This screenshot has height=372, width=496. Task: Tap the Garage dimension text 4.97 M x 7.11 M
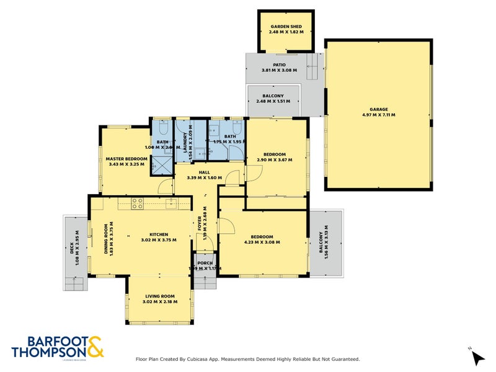click(378, 115)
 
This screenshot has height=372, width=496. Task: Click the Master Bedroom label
click(126, 159)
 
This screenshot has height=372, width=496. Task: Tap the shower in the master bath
click(162, 166)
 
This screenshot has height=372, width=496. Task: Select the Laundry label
click(184, 146)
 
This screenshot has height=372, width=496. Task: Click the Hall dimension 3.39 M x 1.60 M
click(204, 178)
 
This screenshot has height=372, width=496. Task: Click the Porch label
click(205, 263)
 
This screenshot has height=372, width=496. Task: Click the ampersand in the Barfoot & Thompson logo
click(94, 347)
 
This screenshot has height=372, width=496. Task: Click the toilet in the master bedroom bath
click(162, 129)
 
